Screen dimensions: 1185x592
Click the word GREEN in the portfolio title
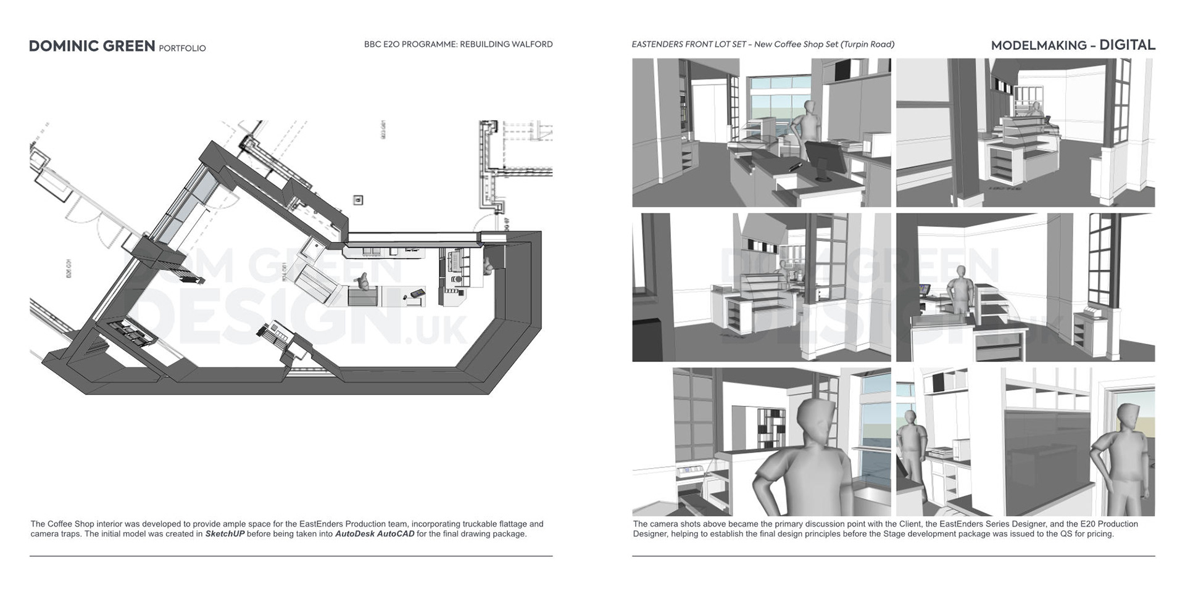coord(127,46)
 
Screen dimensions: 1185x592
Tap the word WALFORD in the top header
coord(531,44)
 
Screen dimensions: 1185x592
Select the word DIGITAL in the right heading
coord(1127,45)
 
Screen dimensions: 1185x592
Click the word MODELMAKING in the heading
coord(1039,45)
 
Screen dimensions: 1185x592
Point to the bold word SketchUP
coord(225,534)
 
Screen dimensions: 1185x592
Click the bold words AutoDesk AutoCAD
coord(375,534)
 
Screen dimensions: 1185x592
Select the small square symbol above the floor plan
coord(358,200)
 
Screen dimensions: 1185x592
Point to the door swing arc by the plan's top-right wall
coord(486,221)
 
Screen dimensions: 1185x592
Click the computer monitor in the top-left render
coord(825,159)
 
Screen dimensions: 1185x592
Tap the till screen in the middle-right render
coord(924,289)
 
